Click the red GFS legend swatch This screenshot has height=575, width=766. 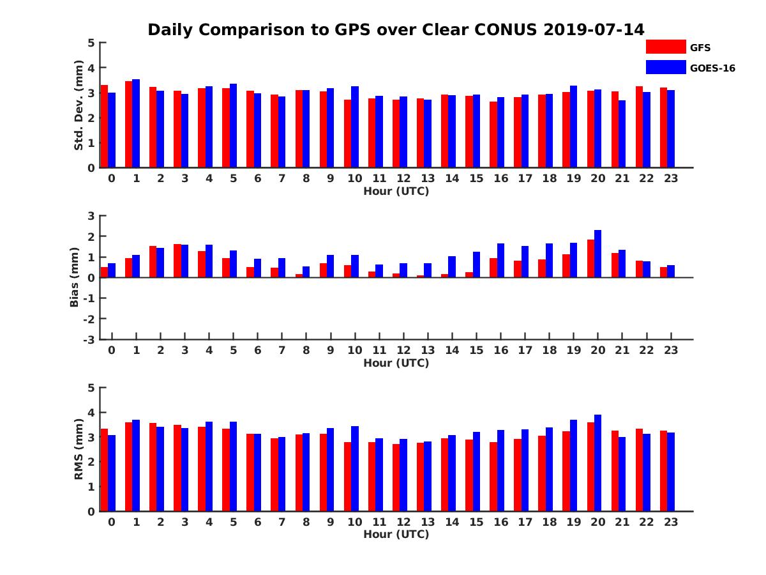[x=665, y=47]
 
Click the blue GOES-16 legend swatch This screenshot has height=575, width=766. [x=665, y=67]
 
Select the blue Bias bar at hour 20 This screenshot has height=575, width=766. [x=597, y=254]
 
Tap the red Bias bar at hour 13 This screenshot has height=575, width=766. [x=420, y=276]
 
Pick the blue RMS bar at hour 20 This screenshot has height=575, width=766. [x=597, y=463]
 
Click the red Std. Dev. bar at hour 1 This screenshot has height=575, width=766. [x=128, y=125]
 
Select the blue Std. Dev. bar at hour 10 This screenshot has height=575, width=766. [x=355, y=127]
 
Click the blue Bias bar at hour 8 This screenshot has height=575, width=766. [x=306, y=272]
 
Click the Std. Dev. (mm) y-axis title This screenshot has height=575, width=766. [x=79, y=105]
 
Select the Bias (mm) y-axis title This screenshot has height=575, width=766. [x=75, y=278]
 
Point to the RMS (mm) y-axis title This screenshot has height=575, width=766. [x=79, y=449]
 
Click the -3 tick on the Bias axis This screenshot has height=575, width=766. [x=89, y=339]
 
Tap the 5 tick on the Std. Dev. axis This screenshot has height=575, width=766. [x=92, y=43]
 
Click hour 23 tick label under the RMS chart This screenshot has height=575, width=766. [x=670, y=521]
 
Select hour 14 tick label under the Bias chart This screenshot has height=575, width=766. [x=452, y=350]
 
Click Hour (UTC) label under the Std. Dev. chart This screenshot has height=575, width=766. [x=396, y=191]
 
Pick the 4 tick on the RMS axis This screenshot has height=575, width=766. [x=92, y=413]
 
